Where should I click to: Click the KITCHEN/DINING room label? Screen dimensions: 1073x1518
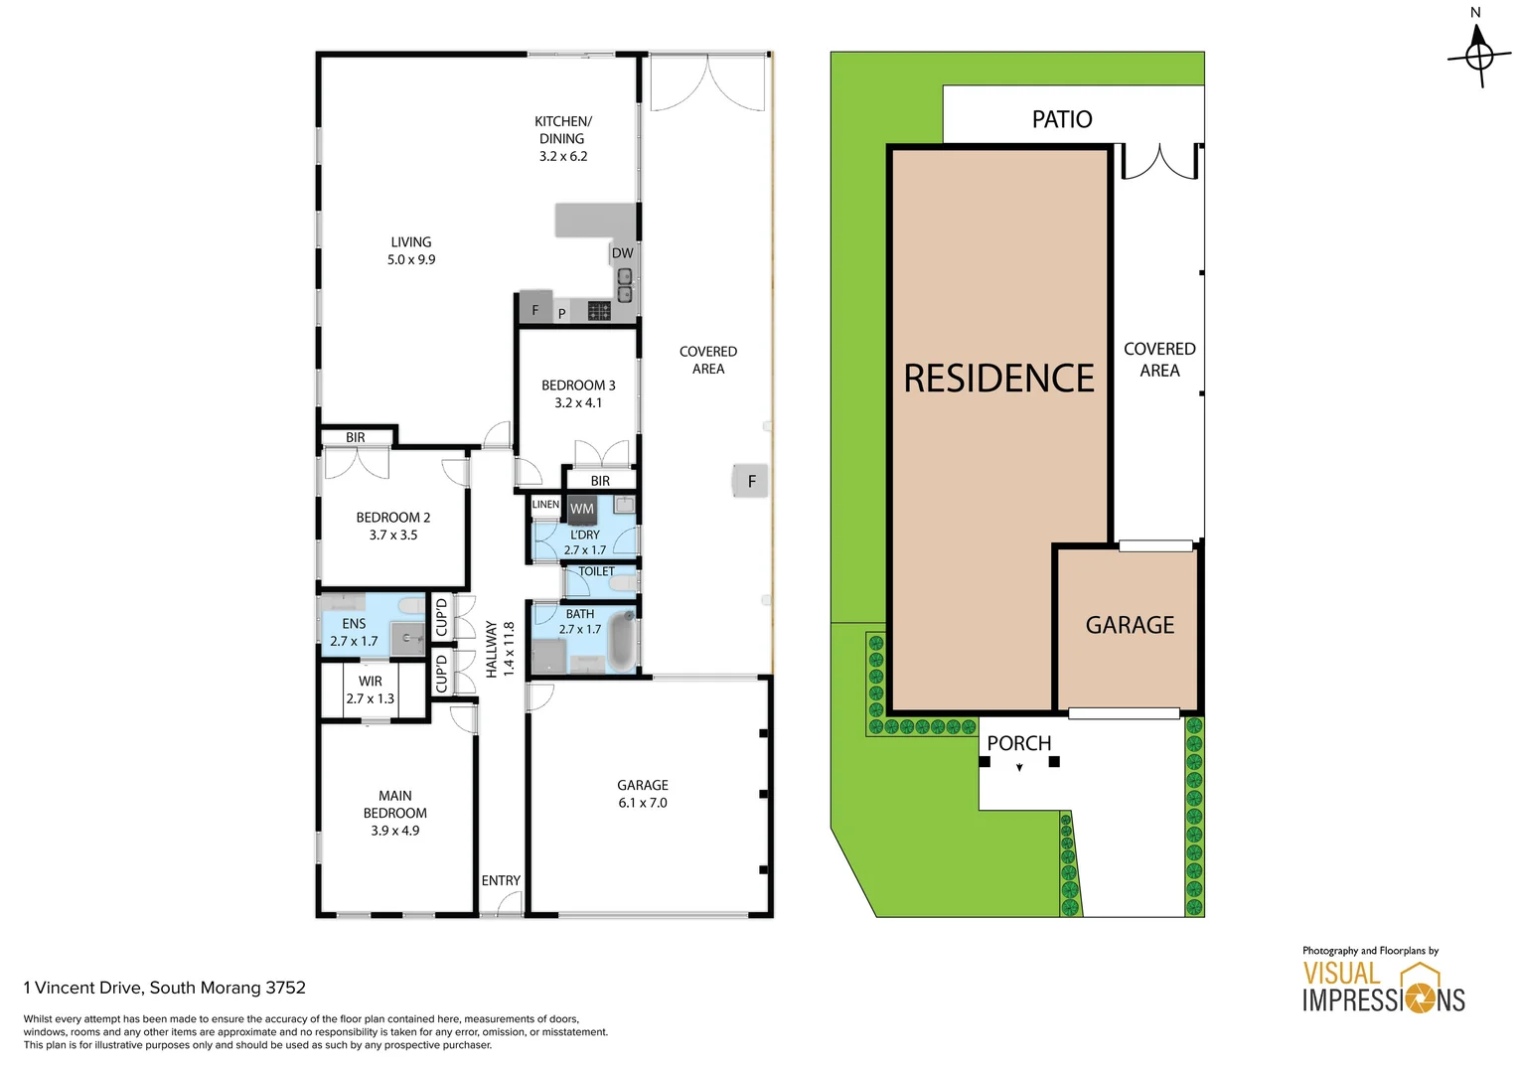[x=562, y=138]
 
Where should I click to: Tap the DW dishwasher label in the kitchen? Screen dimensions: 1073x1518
[x=622, y=253]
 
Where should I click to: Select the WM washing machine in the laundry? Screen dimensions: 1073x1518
[x=581, y=509]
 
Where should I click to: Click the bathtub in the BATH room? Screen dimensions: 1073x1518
[x=621, y=642]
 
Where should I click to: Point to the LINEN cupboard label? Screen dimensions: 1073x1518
[x=545, y=505]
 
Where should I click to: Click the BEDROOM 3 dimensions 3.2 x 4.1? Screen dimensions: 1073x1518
[x=578, y=403]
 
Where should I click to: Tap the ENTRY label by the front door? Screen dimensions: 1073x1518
[x=501, y=880]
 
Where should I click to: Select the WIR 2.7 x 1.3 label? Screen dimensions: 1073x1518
[x=370, y=690]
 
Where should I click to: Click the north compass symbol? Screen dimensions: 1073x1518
[x=1478, y=54]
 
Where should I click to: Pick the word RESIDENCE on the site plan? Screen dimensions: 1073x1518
[x=998, y=379]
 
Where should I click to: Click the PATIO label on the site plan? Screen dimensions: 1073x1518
[x=1062, y=119]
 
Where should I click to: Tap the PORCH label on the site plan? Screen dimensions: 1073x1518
[x=1018, y=743]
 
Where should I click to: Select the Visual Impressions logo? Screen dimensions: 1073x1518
[x=1383, y=987]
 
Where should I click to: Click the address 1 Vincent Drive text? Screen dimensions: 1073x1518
[x=165, y=988]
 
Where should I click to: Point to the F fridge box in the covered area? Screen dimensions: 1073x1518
[x=751, y=481]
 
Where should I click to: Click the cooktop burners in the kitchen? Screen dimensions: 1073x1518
[x=599, y=311]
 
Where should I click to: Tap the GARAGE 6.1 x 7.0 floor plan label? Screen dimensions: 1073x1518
[x=643, y=794]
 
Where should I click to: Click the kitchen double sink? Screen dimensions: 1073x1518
[x=625, y=285]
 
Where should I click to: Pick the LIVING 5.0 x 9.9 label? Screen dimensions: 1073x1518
[x=411, y=250]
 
